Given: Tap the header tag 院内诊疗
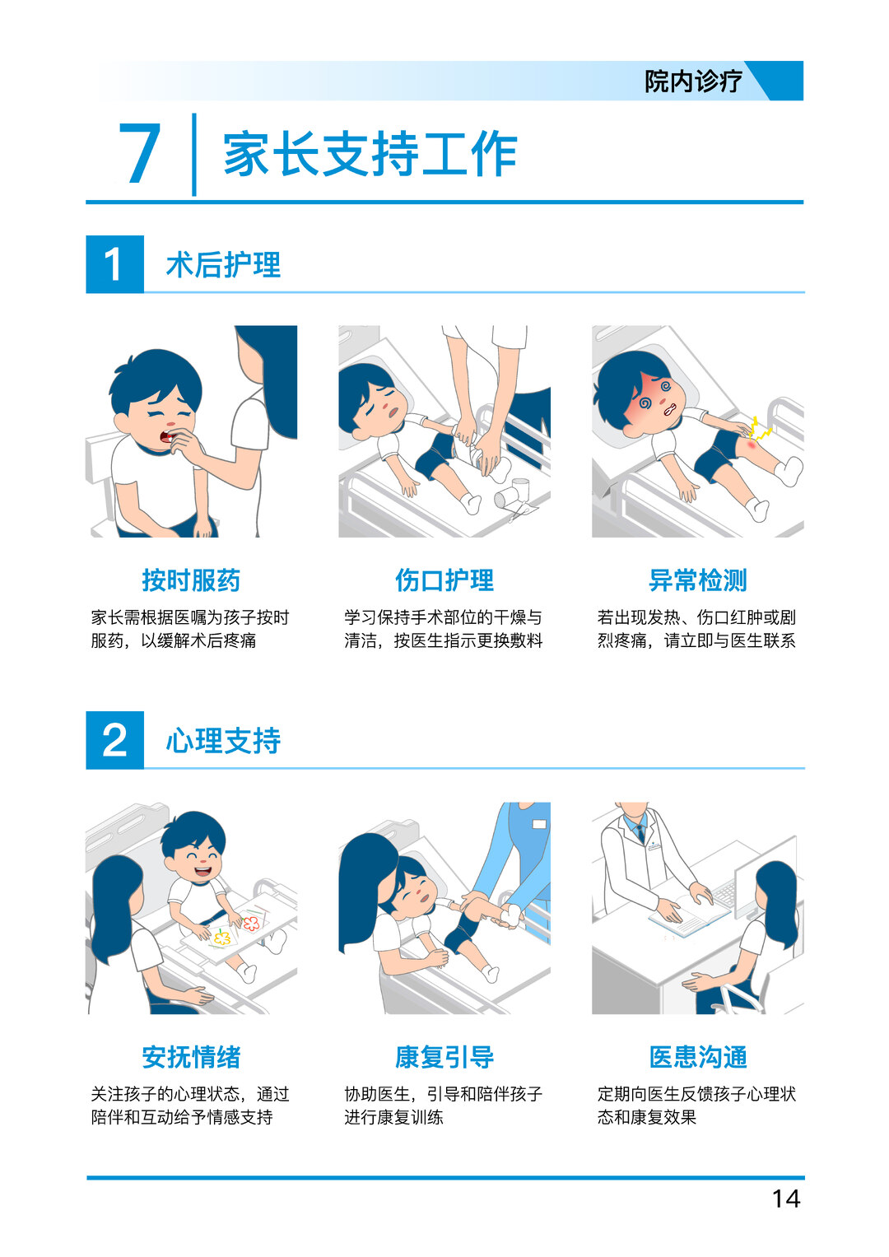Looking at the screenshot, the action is pyautogui.click(x=693, y=81).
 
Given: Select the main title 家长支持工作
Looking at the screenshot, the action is pyautogui.click(x=370, y=154).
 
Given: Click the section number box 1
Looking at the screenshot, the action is pyautogui.click(x=114, y=264).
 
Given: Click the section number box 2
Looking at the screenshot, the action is pyautogui.click(x=114, y=740).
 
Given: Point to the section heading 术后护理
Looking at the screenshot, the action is pyautogui.click(x=223, y=265).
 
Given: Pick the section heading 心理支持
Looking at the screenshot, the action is pyautogui.click(x=223, y=741).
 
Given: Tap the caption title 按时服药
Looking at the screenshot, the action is pyautogui.click(x=191, y=580).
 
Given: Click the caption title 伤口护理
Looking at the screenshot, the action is pyautogui.click(x=444, y=580).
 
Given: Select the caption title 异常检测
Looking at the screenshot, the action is pyautogui.click(x=698, y=580).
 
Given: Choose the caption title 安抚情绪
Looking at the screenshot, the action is pyautogui.click(x=191, y=1057).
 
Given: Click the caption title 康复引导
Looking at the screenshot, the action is pyautogui.click(x=444, y=1057).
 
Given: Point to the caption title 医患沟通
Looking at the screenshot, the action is pyautogui.click(x=698, y=1057).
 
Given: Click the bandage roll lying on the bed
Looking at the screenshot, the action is pyautogui.click(x=507, y=495).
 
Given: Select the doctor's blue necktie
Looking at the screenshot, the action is pyautogui.click(x=640, y=832).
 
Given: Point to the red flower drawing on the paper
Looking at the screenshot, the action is pyautogui.click(x=250, y=922).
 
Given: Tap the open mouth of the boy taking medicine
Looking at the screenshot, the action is pyautogui.click(x=167, y=435).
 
